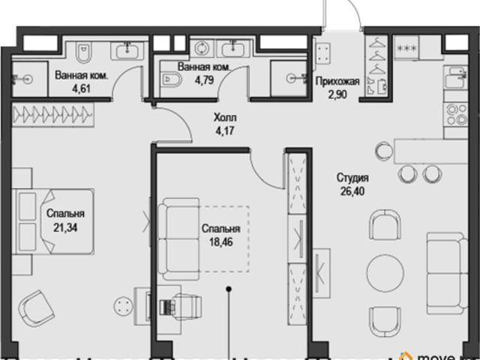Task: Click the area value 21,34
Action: (x=65, y=228)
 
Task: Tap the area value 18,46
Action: (x=221, y=242)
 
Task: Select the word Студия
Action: (x=352, y=178)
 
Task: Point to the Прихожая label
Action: (x=337, y=82)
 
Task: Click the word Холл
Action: (x=225, y=118)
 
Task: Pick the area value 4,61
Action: (x=82, y=88)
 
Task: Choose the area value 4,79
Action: (x=204, y=80)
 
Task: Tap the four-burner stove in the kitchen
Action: (x=455, y=115)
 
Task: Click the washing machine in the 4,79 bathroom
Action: (x=202, y=49)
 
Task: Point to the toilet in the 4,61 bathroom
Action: (x=83, y=52)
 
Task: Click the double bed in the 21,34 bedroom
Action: (x=53, y=221)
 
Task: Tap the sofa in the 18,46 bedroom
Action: (x=178, y=239)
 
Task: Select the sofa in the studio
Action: (x=447, y=274)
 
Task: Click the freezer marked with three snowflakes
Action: (x=406, y=48)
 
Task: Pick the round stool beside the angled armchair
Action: (x=123, y=306)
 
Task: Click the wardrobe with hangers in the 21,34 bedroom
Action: (x=52, y=115)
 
